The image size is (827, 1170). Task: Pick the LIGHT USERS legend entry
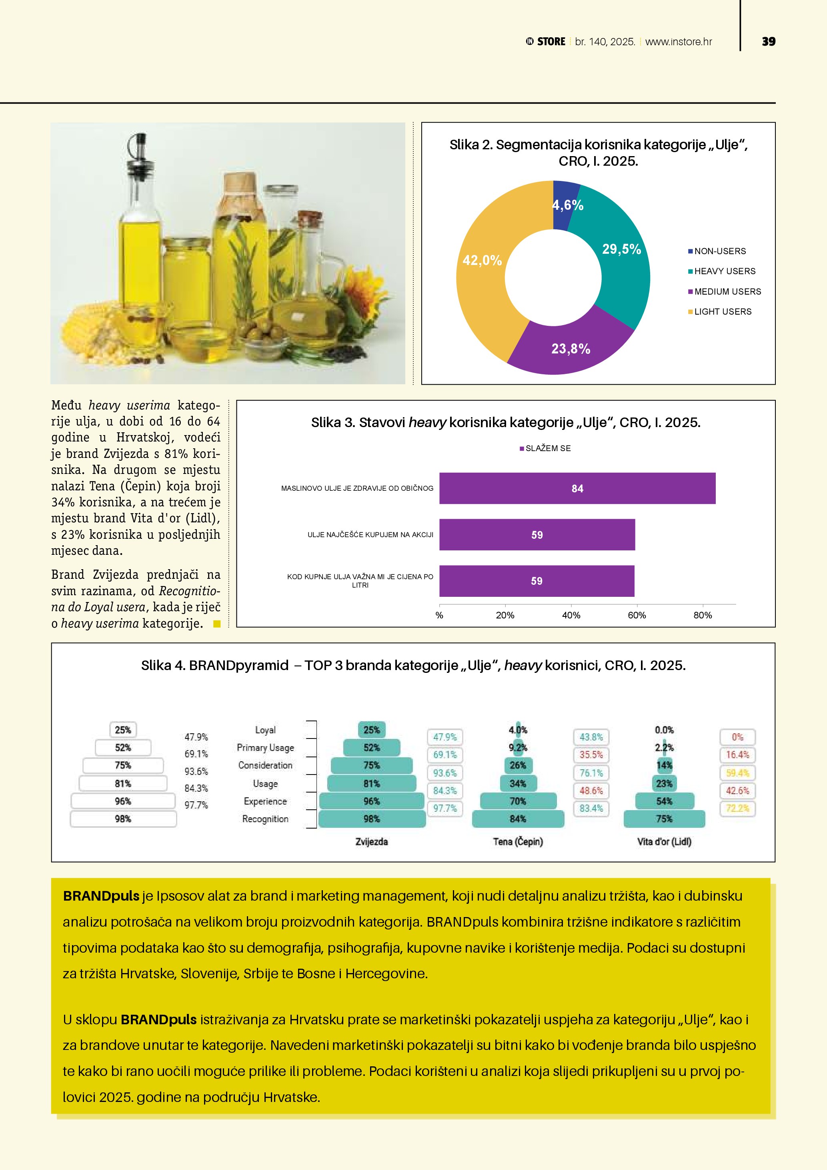[722, 312]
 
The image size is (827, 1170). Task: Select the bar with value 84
[577, 489]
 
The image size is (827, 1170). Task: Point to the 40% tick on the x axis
[571, 616]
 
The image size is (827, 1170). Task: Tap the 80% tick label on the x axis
[702, 616]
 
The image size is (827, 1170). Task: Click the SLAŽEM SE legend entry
[547, 448]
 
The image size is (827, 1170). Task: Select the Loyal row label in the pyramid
[265, 730]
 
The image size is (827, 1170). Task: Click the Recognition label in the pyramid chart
[265, 819]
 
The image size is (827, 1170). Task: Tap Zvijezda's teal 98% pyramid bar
[372, 819]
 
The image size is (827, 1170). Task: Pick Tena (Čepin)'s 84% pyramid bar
[518, 819]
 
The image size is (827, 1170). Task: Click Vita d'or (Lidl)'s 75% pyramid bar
[664, 819]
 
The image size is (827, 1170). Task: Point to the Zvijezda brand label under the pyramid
[372, 842]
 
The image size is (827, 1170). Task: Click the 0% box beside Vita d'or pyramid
[737, 737]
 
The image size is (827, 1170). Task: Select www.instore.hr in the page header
[678, 42]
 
